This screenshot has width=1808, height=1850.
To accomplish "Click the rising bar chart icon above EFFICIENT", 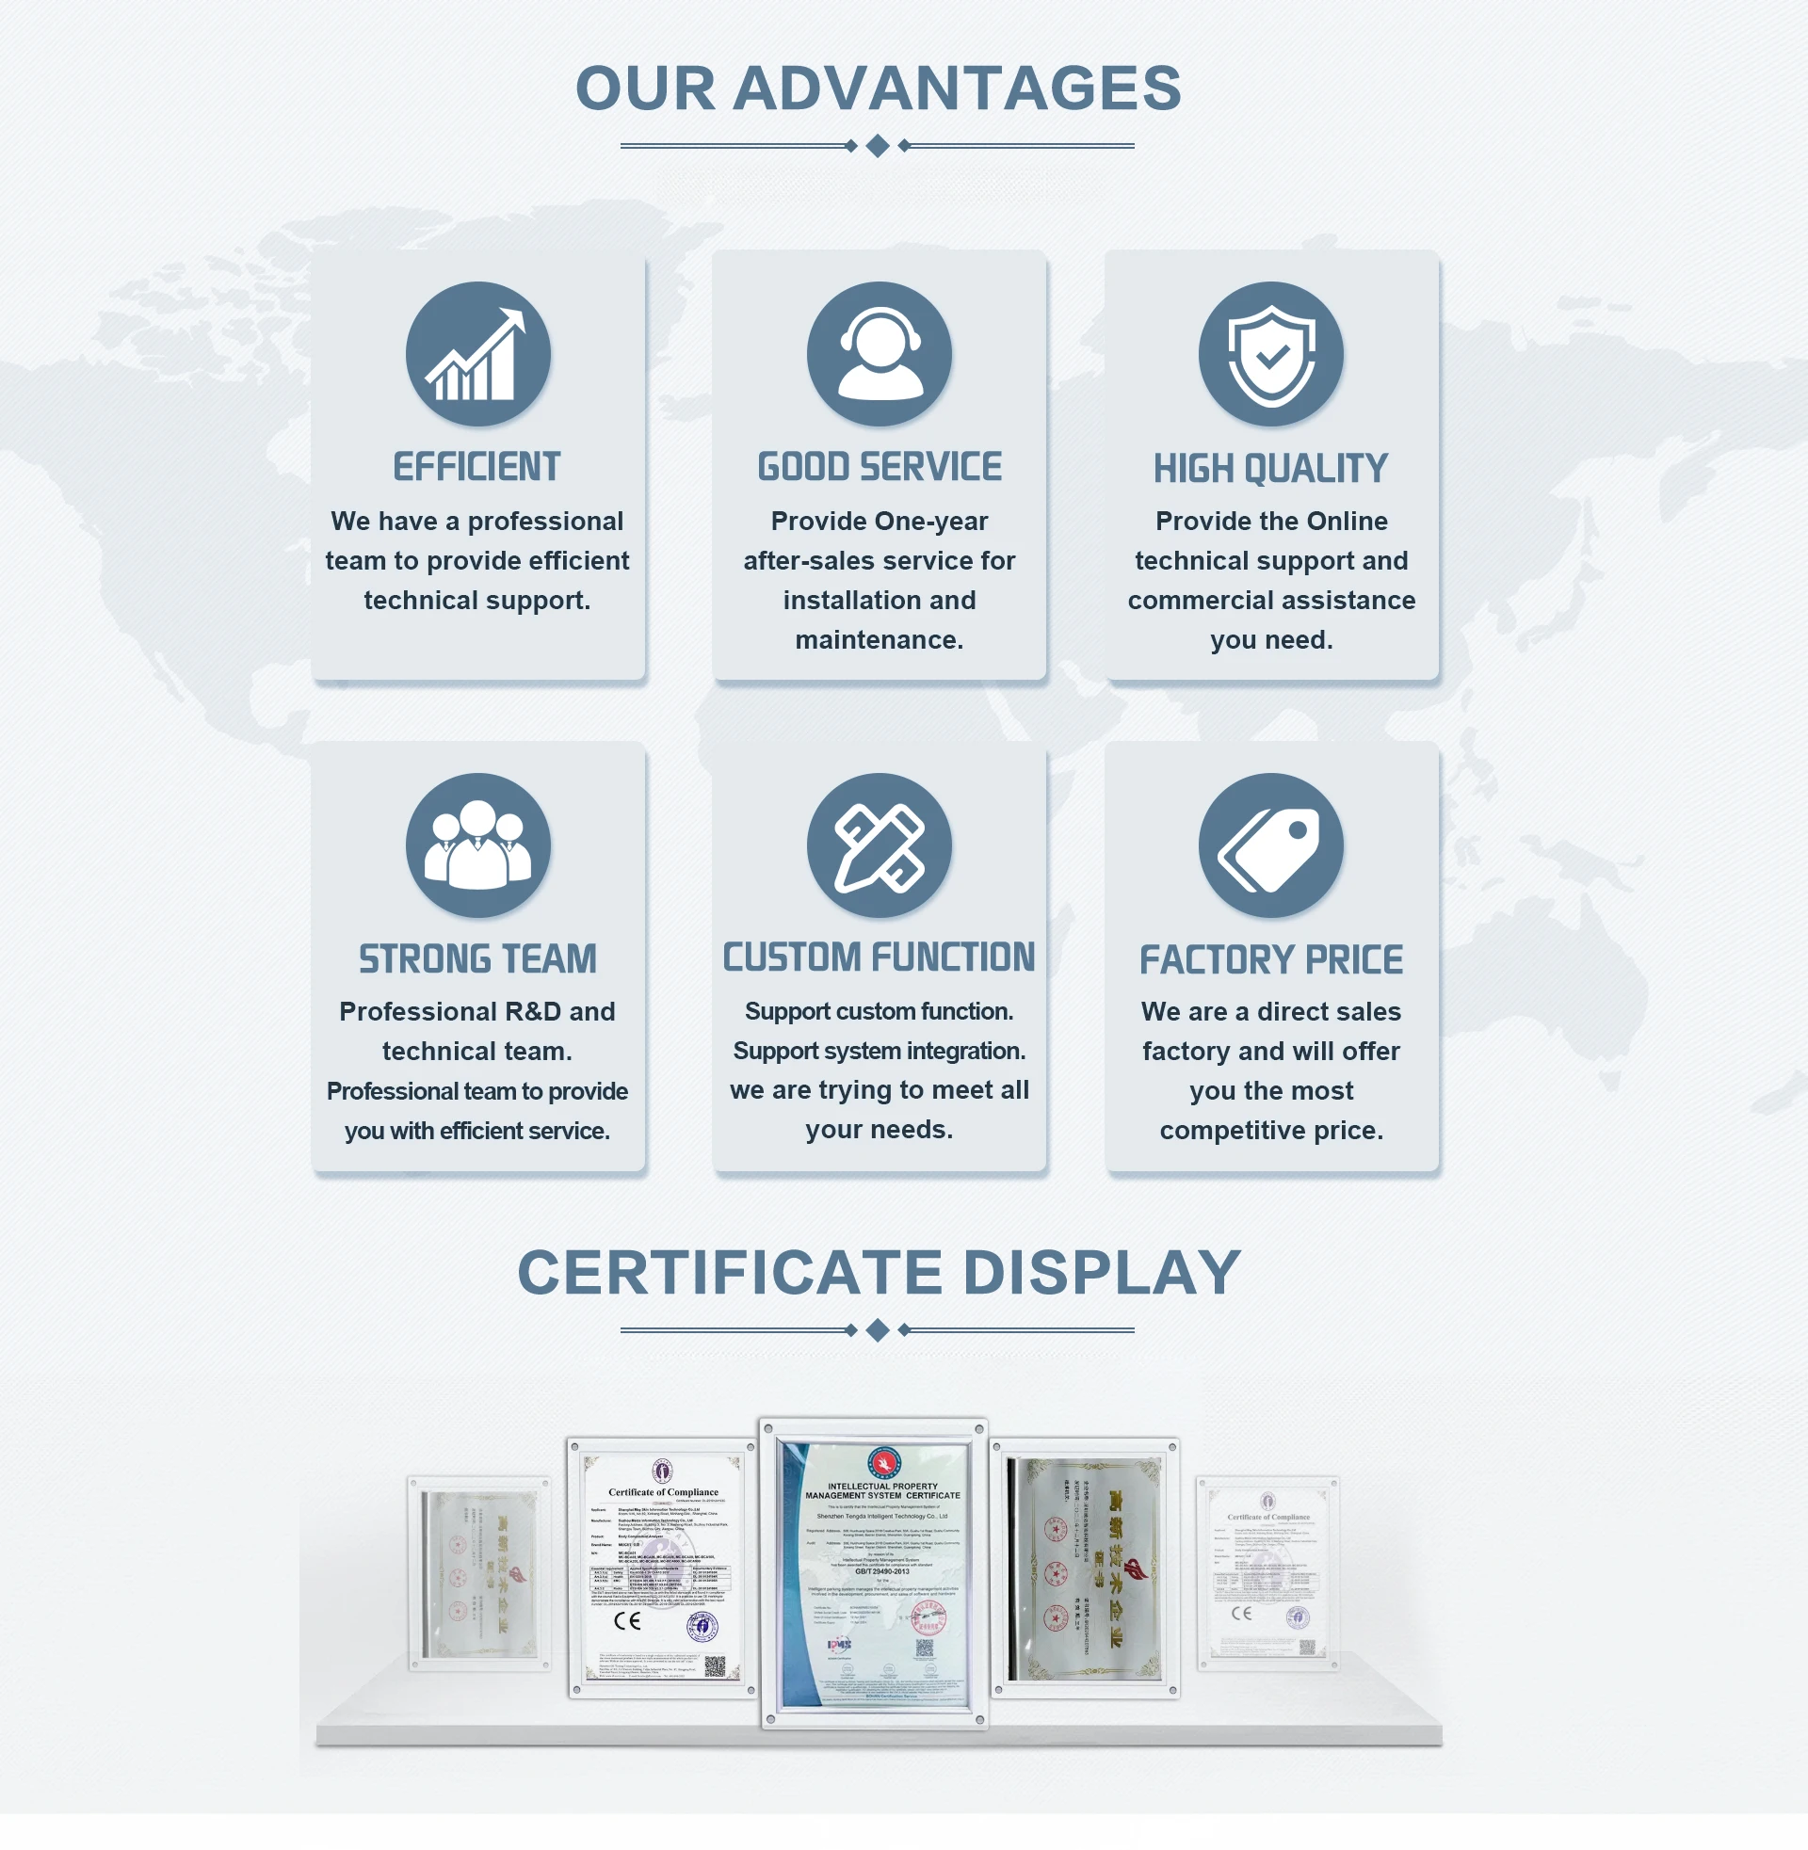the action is [477, 354].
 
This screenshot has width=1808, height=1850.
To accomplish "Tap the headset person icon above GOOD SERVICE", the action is [880, 354].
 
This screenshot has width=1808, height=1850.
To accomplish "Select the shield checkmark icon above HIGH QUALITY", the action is [1270, 354].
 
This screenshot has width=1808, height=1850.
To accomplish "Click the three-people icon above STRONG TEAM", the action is [477, 845].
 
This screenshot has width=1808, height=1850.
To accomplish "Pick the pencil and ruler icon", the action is [880, 845].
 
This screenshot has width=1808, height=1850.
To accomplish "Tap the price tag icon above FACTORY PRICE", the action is [1270, 845].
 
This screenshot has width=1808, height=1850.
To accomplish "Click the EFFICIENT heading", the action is [476, 467].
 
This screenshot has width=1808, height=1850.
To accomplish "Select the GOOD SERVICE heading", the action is [880, 467].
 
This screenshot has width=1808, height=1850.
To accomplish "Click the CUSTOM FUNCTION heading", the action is [880, 957].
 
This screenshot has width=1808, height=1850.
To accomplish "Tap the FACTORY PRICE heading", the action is [1270, 959].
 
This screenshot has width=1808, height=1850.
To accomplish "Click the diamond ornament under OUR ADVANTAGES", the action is [879, 146].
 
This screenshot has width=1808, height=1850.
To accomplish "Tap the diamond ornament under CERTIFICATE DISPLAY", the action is [879, 1330].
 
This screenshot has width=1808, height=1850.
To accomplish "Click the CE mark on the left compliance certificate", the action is [627, 1620].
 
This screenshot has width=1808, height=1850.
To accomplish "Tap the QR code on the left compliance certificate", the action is [715, 1665].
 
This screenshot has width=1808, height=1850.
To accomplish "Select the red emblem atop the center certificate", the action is [883, 1463].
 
